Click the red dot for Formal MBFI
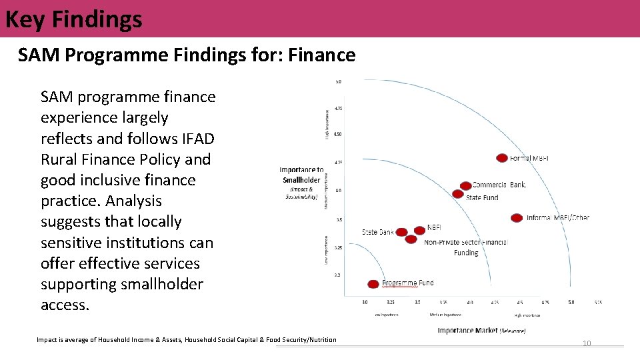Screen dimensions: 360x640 [502, 158]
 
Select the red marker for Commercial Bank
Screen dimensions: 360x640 [465, 186]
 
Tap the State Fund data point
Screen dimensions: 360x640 [457, 194]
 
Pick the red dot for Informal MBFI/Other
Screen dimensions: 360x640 [517, 217]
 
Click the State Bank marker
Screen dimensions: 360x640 [401, 233]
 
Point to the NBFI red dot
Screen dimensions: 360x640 [419, 231]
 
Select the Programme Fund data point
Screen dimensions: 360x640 [373, 284]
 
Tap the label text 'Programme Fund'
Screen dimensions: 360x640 [407, 283]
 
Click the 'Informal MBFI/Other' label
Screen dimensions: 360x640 [558, 217]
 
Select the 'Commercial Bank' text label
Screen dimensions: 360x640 [499, 185]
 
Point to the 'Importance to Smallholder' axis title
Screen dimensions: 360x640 [302, 175]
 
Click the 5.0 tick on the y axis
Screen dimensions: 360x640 [337, 82]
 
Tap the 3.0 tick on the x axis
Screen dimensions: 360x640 [365, 302]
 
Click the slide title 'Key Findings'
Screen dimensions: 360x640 [73, 19]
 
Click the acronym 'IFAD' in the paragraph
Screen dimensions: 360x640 [197, 139]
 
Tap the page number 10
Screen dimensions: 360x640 [587, 343]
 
